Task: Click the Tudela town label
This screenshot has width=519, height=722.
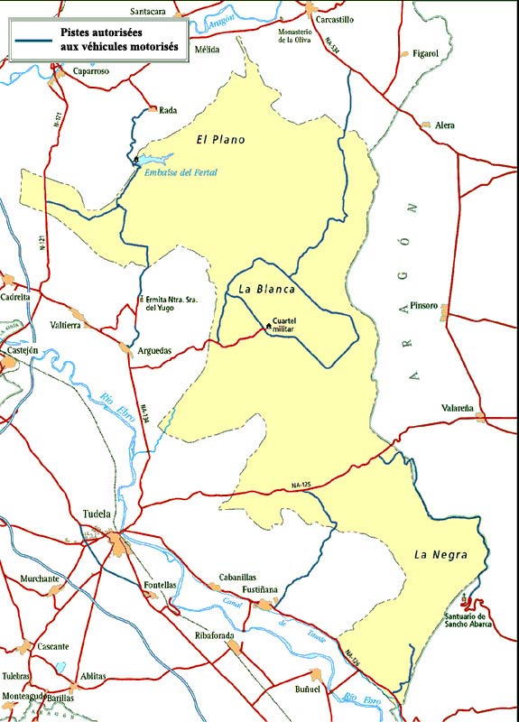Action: pyautogui.click(x=96, y=514)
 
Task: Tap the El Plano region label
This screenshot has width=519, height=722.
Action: pyautogui.click(x=221, y=140)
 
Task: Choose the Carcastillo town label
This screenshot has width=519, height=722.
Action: pyautogui.click(x=332, y=18)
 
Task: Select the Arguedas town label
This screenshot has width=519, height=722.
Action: pyautogui.click(x=154, y=350)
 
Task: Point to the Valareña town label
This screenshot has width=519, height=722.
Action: pyautogui.click(x=458, y=409)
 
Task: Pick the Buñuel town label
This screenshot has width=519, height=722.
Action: pyautogui.click(x=308, y=690)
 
